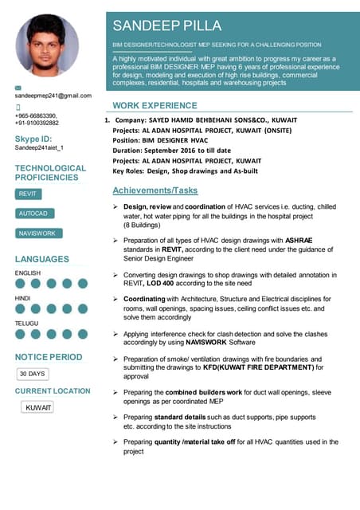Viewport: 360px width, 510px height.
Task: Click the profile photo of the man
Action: (x=47, y=44)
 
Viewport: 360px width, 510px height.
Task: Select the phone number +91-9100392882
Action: (x=37, y=123)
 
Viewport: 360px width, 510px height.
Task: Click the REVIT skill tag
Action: (x=28, y=194)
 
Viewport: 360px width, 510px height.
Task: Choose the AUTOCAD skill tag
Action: (x=33, y=214)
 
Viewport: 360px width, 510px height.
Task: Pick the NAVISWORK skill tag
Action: (x=37, y=233)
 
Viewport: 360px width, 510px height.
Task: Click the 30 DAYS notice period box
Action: (x=33, y=373)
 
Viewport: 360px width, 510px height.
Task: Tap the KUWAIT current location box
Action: (x=38, y=407)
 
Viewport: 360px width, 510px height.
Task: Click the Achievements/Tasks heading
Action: (x=155, y=191)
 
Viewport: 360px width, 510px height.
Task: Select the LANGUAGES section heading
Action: (x=42, y=260)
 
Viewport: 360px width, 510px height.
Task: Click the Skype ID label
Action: (x=33, y=139)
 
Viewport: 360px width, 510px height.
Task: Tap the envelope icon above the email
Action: (x=19, y=85)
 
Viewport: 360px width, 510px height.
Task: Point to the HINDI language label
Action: (x=24, y=298)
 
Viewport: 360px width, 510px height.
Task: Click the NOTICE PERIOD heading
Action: (x=49, y=357)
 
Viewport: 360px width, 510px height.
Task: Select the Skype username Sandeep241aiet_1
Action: (x=39, y=147)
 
